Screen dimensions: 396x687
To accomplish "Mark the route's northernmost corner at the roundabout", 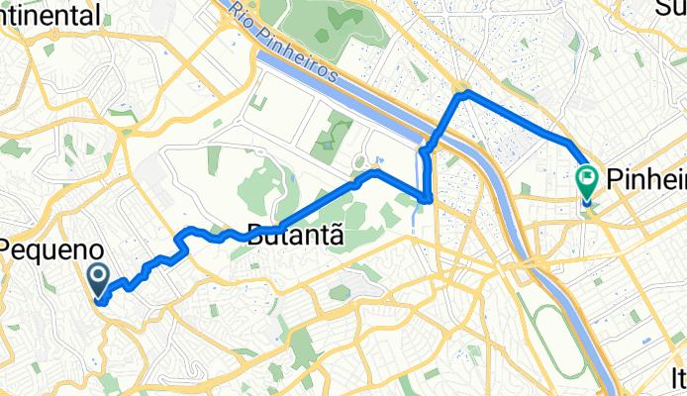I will tap(462, 92).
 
